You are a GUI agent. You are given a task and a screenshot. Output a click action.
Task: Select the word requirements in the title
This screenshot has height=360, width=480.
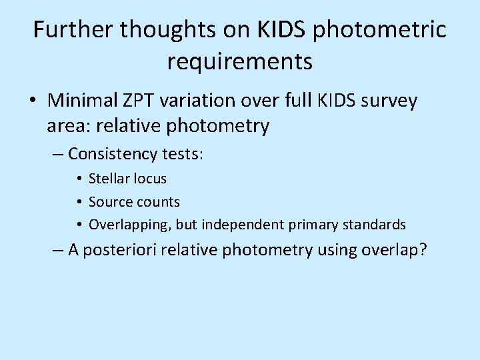240,61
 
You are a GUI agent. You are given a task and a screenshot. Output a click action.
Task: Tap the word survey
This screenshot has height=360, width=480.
386,101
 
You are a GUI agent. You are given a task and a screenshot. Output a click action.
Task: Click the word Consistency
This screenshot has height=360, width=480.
110,154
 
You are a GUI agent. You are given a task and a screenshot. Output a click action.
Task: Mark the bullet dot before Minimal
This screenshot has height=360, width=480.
32,101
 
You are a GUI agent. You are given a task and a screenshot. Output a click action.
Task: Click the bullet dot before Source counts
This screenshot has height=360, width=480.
79,201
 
